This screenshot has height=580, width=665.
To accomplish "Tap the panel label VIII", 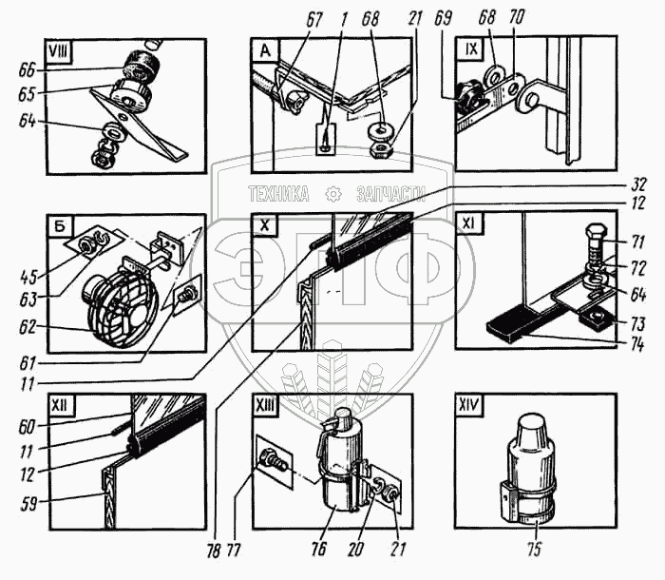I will [65, 49].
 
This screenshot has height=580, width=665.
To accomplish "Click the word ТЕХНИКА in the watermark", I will [278, 194].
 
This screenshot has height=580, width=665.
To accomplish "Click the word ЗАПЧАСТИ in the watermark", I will [389, 194].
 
